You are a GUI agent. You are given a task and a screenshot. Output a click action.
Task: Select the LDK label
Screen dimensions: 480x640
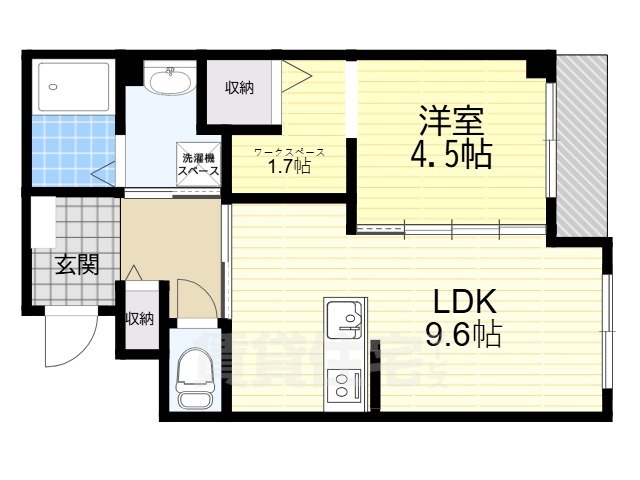point(464,301)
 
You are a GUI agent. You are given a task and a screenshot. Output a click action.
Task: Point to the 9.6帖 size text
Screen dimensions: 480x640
point(464,333)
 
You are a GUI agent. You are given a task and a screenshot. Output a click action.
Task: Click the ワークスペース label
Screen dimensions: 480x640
point(288,152)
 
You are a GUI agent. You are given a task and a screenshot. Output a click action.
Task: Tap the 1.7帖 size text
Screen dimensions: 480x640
point(288,167)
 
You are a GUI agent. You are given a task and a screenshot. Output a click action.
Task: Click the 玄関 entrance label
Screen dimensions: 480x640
point(76,265)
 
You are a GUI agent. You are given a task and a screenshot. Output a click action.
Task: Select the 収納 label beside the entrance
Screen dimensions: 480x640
point(139,319)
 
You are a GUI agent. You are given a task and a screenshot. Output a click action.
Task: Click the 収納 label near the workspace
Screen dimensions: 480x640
point(238,88)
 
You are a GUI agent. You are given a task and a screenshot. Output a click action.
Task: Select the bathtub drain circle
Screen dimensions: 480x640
point(52,86)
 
